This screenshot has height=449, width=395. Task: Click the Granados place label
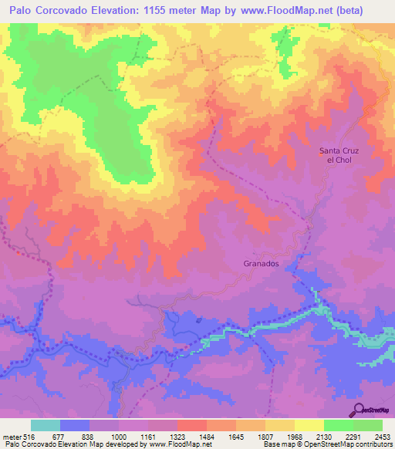tap(257, 263)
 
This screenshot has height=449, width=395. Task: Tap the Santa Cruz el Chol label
tap(340, 155)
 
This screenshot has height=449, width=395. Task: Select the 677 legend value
tap(59, 437)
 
